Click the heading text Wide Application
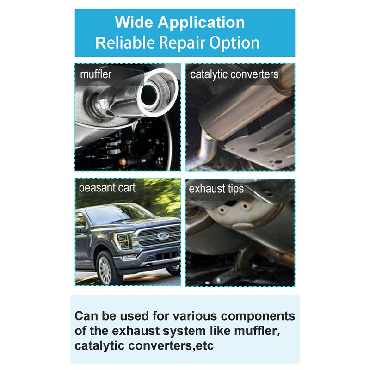(x=180, y=23)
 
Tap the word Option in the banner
(x=234, y=43)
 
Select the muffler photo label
(x=96, y=74)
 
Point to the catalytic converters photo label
(x=234, y=74)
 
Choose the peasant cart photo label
(x=107, y=188)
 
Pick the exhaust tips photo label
(x=216, y=189)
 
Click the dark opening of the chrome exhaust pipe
(x=149, y=95)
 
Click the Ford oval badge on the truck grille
(x=163, y=236)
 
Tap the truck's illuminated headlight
(x=123, y=240)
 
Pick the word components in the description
(x=258, y=316)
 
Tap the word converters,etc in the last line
(x=171, y=346)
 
